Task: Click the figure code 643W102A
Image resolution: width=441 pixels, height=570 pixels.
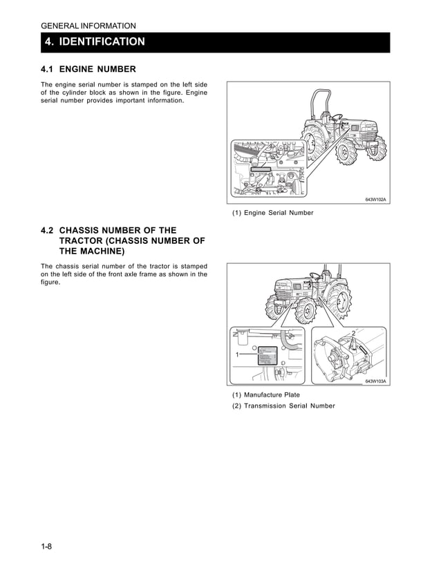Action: [x=376, y=200]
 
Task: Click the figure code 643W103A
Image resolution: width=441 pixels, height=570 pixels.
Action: [x=376, y=381]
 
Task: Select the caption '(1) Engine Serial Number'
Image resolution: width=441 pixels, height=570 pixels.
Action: [x=272, y=213]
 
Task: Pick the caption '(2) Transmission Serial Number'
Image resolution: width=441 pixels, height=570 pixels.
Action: [x=283, y=406]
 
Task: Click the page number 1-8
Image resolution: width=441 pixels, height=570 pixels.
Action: [x=46, y=547]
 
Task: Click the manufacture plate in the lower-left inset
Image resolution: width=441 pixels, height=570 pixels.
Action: [x=266, y=357]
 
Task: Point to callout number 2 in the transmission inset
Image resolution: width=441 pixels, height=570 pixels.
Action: [x=353, y=334]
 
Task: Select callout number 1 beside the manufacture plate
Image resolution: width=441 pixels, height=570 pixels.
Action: [x=237, y=354]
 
